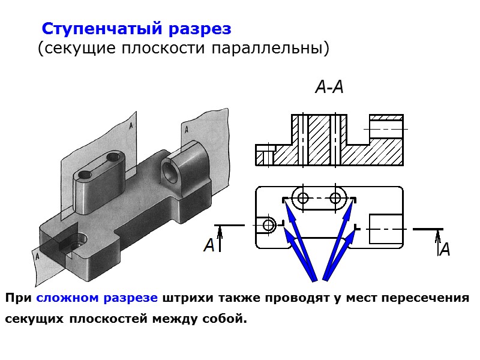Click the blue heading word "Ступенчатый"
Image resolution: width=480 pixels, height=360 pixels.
click(94, 29)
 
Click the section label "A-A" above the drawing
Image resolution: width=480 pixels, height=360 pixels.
click(329, 88)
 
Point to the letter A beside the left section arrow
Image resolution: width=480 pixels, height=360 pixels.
click(209, 245)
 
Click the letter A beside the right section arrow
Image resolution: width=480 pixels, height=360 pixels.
click(445, 250)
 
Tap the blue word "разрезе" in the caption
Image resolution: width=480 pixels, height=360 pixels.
click(130, 298)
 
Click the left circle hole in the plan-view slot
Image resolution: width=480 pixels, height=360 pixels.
click(302, 198)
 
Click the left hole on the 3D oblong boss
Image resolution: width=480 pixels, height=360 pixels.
click(84, 175)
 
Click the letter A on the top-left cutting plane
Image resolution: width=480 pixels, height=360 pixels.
click(131, 126)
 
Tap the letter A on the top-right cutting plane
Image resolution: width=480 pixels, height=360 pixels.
click(188, 128)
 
